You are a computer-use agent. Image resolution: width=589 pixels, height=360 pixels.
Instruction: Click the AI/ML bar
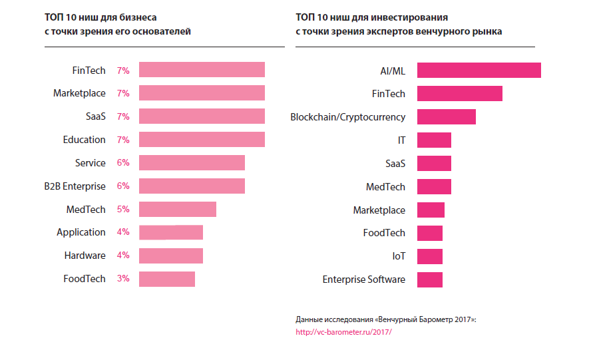(x=479, y=71)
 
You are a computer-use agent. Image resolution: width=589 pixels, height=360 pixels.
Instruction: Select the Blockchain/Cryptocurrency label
(x=347, y=117)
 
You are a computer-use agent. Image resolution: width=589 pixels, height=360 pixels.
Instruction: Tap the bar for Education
(x=202, y=140)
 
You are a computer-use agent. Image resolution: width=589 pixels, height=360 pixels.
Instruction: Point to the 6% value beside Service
(x=123, y=163)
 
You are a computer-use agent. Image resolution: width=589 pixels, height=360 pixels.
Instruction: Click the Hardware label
(x=85, y=256)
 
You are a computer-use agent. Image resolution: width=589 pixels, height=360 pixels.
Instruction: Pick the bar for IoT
(x=430, y=256)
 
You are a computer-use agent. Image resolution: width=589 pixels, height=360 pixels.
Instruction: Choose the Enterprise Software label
(x=363, y=279)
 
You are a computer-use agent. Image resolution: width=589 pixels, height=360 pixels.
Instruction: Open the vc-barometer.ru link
(x=343, y=331)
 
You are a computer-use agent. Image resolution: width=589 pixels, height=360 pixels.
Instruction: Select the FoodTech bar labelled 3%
(x=167, y=279)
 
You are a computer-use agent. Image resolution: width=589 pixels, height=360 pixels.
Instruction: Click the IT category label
(x=401, y=140)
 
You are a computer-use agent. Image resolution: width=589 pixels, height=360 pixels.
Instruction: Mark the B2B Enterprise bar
(x=192, y=186)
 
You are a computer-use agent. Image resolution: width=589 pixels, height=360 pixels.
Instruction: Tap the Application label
(x=81, y=232)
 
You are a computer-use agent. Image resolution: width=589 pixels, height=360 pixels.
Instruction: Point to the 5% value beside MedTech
(x=123, y=210)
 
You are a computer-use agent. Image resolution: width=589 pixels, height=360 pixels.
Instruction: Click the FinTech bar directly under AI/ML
(x=459, y=94)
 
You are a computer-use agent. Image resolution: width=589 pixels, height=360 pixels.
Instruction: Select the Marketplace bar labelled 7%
(x=202, y=94)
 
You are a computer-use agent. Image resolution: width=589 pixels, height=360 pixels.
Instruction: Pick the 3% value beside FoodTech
(x=123, y=279)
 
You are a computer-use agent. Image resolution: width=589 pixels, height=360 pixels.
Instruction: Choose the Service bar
(x=192, y=163)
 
